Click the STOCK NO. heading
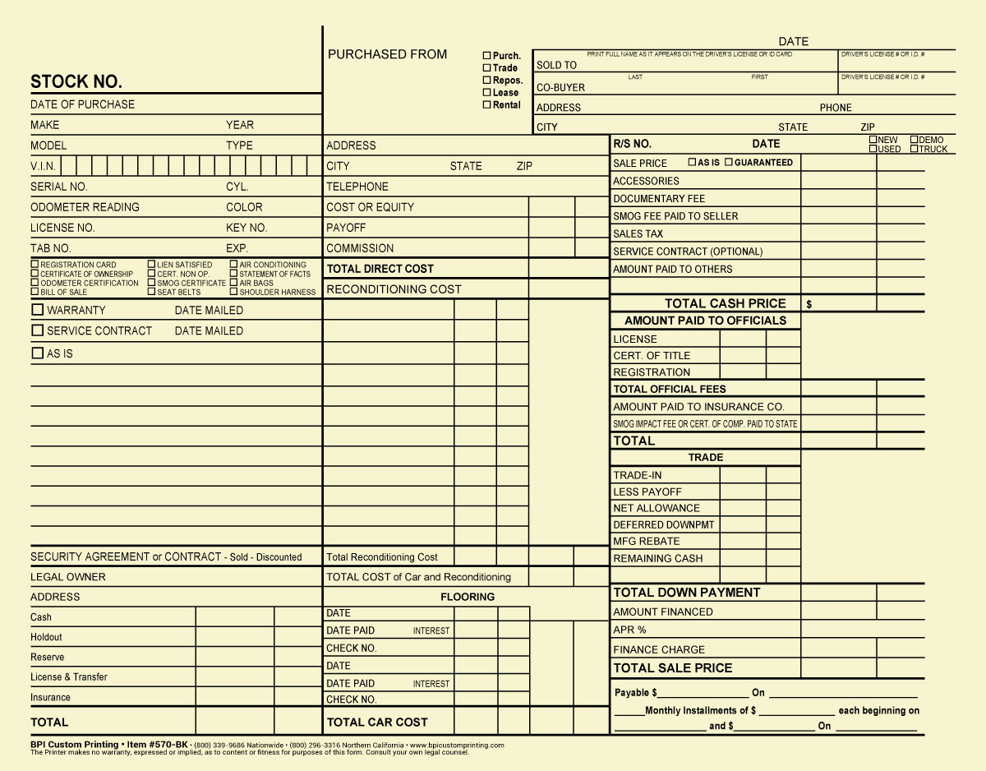tap(76, 82)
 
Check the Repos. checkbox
tap(486, 81)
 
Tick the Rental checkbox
tap(486, 104)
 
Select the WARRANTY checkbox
tap(37, 310)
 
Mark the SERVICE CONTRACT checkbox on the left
tap(37, 330)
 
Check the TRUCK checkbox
tap(915, 149)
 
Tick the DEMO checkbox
tap(915, 140)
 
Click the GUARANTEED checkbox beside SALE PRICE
tap(728, 162)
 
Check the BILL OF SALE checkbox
tap(35, 292)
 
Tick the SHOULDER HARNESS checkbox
tap(234, 292)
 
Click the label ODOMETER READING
tap(85, 207)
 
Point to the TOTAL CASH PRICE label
tap(725, 303)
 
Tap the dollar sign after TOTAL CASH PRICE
tap(809, 304)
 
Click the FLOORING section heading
tap(468, 597)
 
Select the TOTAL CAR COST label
tap(377, 723)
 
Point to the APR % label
tap(629, 630)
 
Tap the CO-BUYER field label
tap(560, 88)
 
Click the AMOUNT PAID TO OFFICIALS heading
tap(705, 321)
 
